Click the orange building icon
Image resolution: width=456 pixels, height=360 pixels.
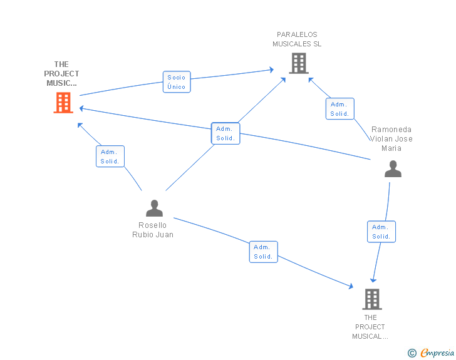(x=63, y=103)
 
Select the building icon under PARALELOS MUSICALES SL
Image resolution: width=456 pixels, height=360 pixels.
(x=299, y=63)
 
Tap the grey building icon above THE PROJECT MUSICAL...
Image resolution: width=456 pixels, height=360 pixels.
(x=372, y=299)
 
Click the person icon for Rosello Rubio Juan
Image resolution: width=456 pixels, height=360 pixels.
(x=154, y=208)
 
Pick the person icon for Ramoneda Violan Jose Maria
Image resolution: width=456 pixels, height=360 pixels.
(x=393, y=168)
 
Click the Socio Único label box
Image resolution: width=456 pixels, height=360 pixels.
(x=177, y=82)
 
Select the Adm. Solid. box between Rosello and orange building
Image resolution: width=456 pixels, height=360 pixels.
(x=110, y=156)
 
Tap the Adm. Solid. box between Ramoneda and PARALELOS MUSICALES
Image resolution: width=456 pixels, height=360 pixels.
(x=339, y=108)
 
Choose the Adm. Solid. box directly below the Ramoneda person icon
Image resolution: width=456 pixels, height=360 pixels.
(x=381, y=232)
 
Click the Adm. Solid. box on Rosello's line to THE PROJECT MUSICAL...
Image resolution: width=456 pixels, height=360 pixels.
(x=263, y=252)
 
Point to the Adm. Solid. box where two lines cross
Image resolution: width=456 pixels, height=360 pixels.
(x=225, y=133)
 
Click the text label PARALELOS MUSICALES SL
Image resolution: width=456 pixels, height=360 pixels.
(x=297, y=39)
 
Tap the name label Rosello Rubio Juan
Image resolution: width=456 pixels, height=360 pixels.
(x=153, y=230)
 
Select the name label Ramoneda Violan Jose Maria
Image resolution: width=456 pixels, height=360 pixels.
(x=391, y=139)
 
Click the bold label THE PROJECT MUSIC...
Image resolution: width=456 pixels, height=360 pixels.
(x=61, y=74)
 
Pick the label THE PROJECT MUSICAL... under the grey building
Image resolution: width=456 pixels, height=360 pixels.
(x=370, y=327)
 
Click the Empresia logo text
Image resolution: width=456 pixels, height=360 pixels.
(x=437, y=352)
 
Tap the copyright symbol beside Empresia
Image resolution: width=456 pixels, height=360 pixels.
(x=412, y=353)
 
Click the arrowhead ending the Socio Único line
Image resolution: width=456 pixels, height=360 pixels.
(x=272, y=69)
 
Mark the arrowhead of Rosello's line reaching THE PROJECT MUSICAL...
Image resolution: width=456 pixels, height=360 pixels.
(x=351, y=286)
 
